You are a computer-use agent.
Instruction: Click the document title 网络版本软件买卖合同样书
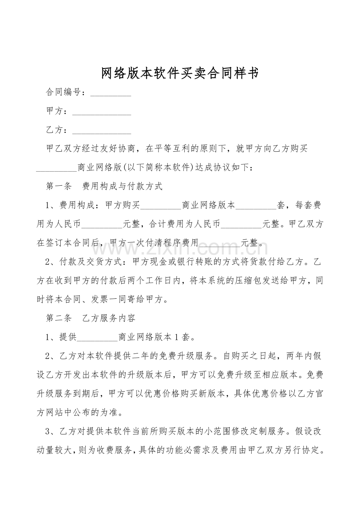click(x=180, y=73)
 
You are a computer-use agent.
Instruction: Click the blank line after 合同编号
click(x=110, y=93)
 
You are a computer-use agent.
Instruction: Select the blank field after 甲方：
click(x=102, y=112)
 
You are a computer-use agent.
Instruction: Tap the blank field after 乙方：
click(x=102, y=131)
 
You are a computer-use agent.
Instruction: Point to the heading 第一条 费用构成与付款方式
click(x=104, y=186)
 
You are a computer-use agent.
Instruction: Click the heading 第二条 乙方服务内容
click(x=91, y=318)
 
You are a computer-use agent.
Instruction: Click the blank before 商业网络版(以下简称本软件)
click(x=56, y=168)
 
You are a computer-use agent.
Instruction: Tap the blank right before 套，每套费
click(x=256, y=206)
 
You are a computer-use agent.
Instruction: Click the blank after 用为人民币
click(x=102, y=224)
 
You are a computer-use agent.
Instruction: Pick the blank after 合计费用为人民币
click(x=241, y=224)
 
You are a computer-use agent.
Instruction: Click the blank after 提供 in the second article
click(x=97, y=337)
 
